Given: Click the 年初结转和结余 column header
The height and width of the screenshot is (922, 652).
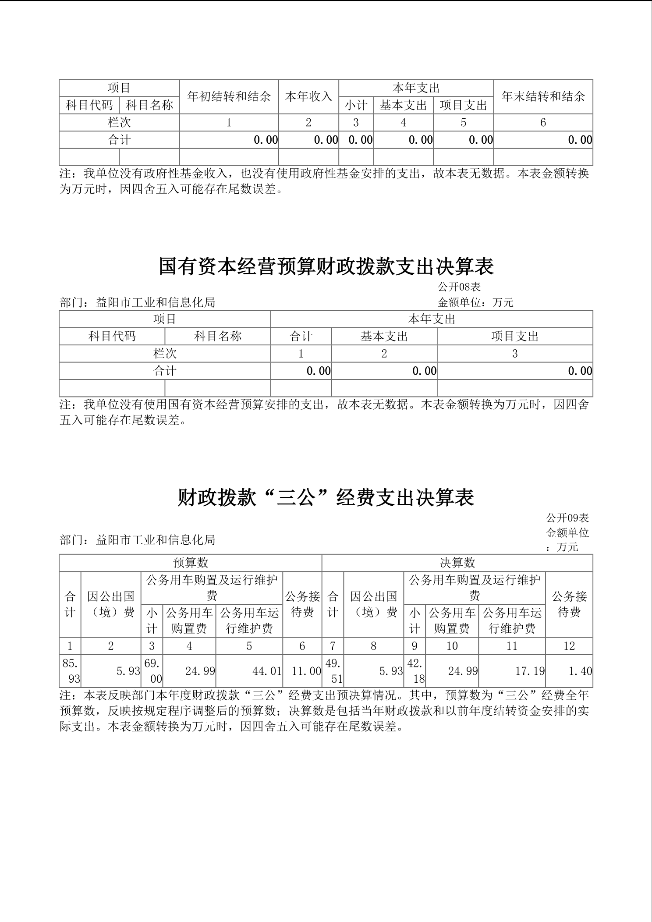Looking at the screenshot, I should point(229,96).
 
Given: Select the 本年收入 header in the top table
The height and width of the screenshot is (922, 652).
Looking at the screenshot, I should point(308,96).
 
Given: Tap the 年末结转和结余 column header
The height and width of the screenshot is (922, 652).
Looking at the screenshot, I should point(543,96).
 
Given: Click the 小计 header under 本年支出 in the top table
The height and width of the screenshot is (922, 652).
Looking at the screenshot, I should point(356,105).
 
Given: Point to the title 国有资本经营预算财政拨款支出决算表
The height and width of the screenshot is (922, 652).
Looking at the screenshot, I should point(326,267).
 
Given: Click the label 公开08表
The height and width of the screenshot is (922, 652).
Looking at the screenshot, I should point(459,287).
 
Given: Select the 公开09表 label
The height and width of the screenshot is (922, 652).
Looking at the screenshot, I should point(567,518).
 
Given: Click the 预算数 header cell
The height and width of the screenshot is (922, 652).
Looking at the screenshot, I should point(190,563).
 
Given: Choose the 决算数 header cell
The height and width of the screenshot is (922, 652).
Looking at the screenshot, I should point(457,563).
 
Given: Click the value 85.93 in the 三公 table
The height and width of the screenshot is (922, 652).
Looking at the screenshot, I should point(70,671).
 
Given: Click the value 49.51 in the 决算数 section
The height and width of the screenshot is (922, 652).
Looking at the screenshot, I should point(333,671).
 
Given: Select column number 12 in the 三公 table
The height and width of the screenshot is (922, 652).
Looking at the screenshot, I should point(569,646).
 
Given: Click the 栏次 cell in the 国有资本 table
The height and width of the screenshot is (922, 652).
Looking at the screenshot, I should point(165,354).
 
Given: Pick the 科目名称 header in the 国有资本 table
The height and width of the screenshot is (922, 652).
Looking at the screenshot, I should point(218,337).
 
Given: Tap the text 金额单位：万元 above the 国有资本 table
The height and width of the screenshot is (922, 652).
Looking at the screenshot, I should point(475,302).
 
